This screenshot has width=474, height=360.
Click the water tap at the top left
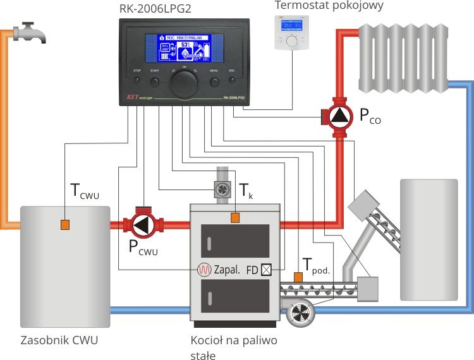point(30,32)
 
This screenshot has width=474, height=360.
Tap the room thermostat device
point(291,32)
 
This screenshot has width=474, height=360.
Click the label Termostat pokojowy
point(329,6)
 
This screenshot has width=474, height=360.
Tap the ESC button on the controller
point(231,81)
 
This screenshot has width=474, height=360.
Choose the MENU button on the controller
point(214,81)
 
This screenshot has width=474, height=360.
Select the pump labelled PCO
point(339,115)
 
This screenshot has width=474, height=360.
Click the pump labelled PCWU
point(144,224)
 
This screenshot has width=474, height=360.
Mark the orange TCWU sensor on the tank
point(64,224)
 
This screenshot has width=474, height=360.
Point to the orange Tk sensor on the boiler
point(235,218)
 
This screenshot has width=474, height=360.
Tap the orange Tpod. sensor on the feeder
point(298,277)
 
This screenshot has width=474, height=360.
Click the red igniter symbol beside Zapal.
point(204,269)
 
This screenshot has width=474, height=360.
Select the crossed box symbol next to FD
point(266,269)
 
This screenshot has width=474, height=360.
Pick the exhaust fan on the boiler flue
point(222,189)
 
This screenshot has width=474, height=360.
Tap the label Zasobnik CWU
point(59,340)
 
